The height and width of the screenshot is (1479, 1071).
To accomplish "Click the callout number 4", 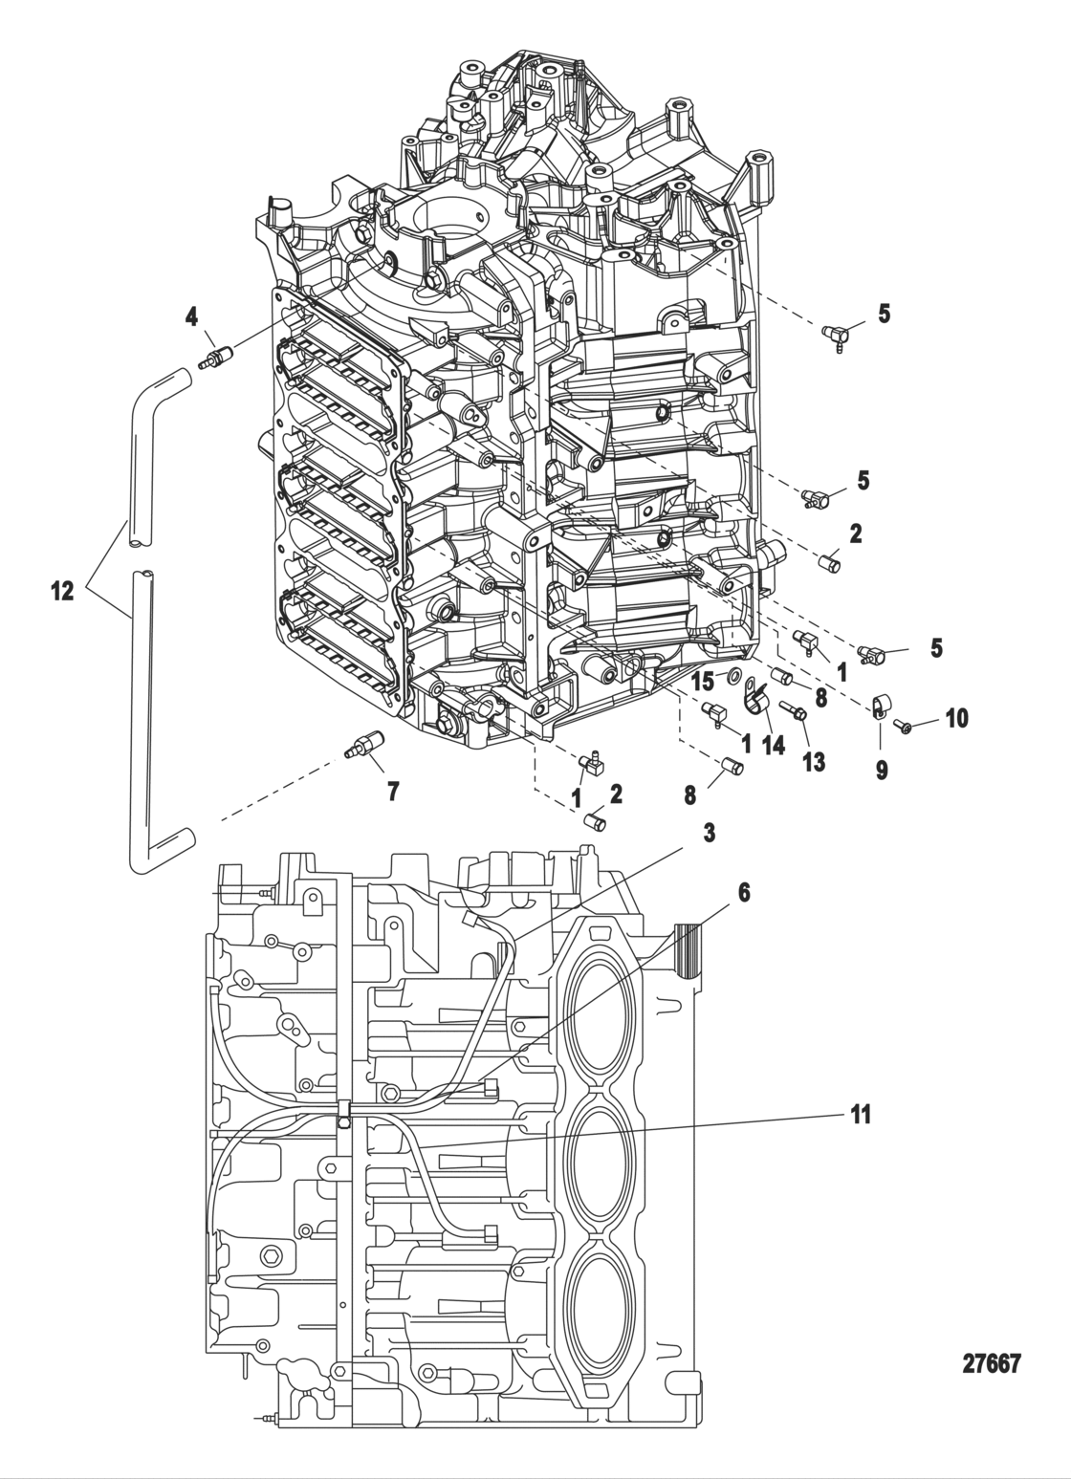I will (192, 315).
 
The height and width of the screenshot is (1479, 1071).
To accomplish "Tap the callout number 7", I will (393, 791).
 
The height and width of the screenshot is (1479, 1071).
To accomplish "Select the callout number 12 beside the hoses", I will (62, 592).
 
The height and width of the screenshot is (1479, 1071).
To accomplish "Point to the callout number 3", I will (708, 833).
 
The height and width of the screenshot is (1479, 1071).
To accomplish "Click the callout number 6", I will (744, 893).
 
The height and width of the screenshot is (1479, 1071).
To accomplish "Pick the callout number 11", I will (861, 1115).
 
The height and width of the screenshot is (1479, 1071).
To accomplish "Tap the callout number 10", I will (956, 718).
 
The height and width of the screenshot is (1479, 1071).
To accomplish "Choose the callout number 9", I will (881, 770).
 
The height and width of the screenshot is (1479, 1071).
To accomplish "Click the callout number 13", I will (815, 761).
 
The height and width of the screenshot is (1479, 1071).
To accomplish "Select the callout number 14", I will (773, 745).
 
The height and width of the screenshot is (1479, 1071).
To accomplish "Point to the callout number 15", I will (703, 681).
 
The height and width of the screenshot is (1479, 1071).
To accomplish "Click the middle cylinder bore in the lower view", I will (601, 1165).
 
